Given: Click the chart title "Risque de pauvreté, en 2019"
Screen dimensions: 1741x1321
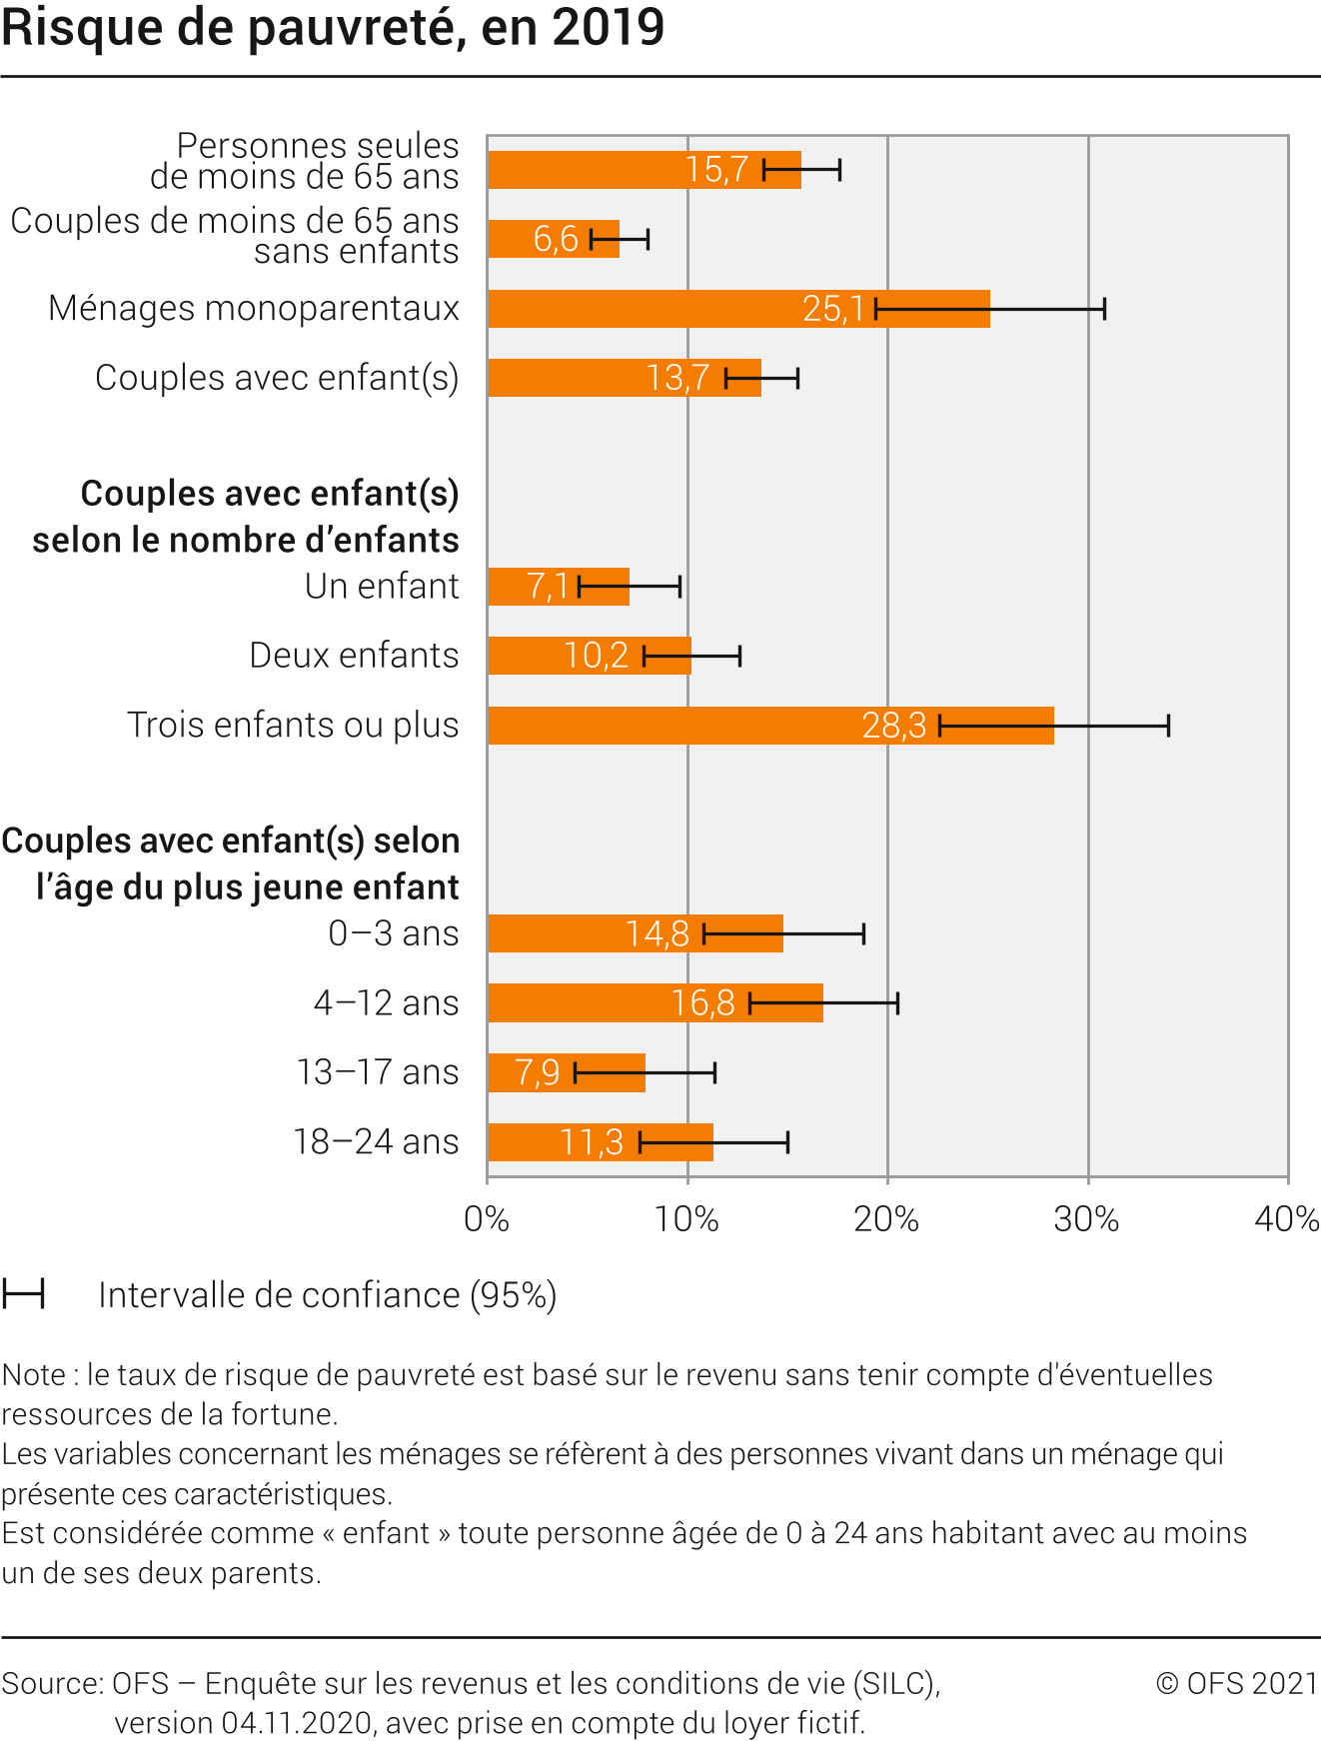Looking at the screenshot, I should [x=333, y=28].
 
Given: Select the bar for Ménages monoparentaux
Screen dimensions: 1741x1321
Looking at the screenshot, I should [x=679, y=309].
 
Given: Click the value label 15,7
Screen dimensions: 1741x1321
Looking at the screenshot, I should [x=716, y=170].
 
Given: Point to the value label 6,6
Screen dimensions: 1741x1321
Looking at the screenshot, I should [x=556, y=239].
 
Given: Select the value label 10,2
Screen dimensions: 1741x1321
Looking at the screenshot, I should [x=596, y=656].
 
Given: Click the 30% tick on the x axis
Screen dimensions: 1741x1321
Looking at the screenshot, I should [x=1087, y=1219].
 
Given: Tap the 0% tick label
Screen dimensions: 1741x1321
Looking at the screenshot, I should [x=487, y=1219].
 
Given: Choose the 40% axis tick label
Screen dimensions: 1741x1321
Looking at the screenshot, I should [x=1287, y=1219].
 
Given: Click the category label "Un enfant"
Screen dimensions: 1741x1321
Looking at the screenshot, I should [x=382, y=587].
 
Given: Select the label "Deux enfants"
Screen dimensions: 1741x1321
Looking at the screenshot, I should [x=354, y=656].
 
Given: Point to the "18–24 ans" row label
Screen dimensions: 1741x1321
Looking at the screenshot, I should [x=376, y=1141].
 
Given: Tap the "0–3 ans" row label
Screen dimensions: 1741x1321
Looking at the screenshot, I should [x=394, y=933].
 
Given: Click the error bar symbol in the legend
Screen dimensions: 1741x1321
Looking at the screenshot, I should [x=23, y=1294].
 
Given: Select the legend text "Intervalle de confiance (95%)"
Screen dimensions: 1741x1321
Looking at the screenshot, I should [x=327, y=1295].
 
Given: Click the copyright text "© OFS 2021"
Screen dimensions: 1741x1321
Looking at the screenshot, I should [x=1237, y=1684].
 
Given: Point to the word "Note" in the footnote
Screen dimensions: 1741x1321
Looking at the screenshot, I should [x=34, y=1375].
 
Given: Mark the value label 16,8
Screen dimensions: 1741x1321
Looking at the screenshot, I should [x=702, y=1002].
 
